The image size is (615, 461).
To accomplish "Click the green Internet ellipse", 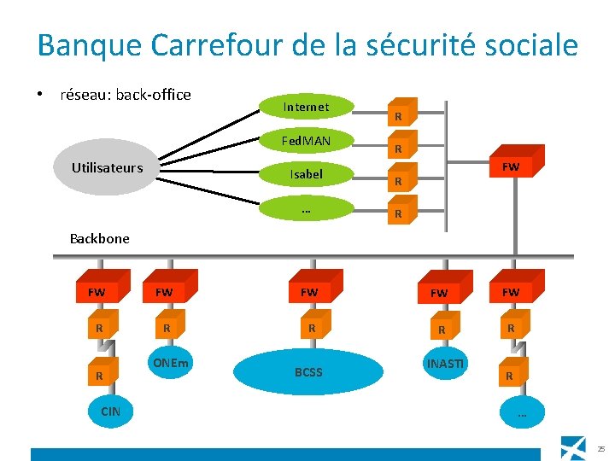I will pyautogui.click(x=306, y=107).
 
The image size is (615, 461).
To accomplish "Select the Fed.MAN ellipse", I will pyautogui.click(x=306, y=140).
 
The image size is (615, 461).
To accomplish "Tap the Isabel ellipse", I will pyautogui.click(x=306, y=174).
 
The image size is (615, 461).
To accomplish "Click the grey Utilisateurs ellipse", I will pyautogui.click(x=108, y=168).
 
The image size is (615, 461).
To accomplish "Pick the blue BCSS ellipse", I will pyautogui.click(x=308, y=372).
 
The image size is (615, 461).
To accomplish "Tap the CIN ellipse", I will pyautogui.click(x=111, y=411).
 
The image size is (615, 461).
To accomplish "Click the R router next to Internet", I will pyautogui.click(x=399, y=114).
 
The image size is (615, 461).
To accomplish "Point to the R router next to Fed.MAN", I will pyautogui.click(x=399, y=148).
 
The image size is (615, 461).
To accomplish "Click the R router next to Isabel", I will pyautogui.click(x=399, y=180).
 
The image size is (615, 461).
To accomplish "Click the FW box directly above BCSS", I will pyautogui.click(x=309, y=292).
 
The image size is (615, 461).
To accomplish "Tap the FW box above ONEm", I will pyautogui.click(x=165, y=292).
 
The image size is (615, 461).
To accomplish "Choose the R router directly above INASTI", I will pyautogui.click(x=442, y=329).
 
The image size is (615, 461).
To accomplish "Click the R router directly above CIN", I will pyautogui.click(x=100, y=376).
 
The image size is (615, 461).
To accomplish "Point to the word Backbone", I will pyautogui.click(x=99, y=238).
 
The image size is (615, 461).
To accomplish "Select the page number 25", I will pyautogui.click(x=601, y=448).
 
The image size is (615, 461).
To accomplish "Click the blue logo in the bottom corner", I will pyautogui.click(x=573, y=446).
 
